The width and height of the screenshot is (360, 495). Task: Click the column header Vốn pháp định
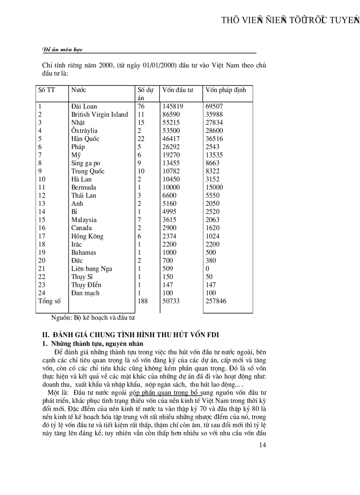click(x=226, y=90)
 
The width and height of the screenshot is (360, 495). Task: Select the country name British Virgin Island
click(x=100, y=115)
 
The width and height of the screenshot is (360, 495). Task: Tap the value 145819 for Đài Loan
click(x=172, y=106)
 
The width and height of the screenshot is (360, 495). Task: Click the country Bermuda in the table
click(x=84, y=187)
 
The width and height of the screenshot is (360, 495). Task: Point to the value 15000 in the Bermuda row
click(x=214, y=187)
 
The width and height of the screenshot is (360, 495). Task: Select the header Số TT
click(x=47, y=90)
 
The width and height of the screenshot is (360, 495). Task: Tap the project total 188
click(x=142, y=301)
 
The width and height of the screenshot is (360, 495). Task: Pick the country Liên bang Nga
click(x=91, y=268)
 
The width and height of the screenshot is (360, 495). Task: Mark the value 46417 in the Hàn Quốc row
click(x=171, y=139)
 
